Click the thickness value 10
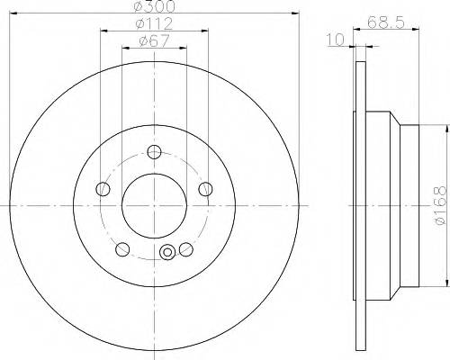coord(336,40)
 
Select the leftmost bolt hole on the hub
coord(103,189)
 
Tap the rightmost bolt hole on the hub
coord(206,189)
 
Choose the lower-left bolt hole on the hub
coord(122,249)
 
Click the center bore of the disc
coord(154,202)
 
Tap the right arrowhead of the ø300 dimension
coord(294,13)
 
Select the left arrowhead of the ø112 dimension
coord(103,30)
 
